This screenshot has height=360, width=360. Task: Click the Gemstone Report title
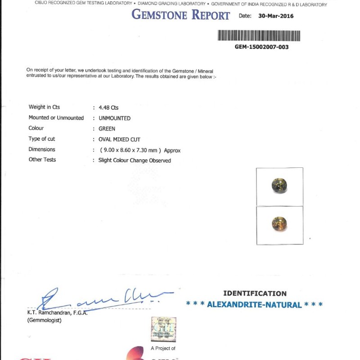[x=180, y=15]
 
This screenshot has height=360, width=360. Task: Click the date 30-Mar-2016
[x=276, y=16]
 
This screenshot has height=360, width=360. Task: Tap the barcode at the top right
[x=259, y=36]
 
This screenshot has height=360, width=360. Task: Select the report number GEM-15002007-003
[x=261, y=47]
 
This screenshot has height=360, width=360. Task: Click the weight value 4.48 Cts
[x=108, y=108]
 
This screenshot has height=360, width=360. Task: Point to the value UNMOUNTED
[x=114, y=118]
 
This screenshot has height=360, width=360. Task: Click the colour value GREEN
[x=107, y=129]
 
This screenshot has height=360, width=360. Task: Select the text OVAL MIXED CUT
[x=119, y=139]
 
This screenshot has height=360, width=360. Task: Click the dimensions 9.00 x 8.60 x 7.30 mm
[x=127, y=150]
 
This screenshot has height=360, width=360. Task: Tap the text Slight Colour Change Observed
[x=135, y=161]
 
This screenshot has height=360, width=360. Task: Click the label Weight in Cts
[x=44, y=107]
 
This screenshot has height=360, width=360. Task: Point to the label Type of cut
[x=42, y=139]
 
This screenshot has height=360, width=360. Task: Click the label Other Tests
[x=42, y=160]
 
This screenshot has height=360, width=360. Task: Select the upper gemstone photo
[x=279, y=186]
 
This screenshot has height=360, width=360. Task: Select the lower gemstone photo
[x=279, y=224]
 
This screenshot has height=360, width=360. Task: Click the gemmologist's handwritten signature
[x=103, y=299]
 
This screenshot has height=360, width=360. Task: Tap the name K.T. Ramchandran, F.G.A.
[x=57, y=313]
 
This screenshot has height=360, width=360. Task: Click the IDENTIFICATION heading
[x=255, y=293]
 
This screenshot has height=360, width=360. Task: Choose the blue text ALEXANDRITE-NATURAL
[x=254, y=305]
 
